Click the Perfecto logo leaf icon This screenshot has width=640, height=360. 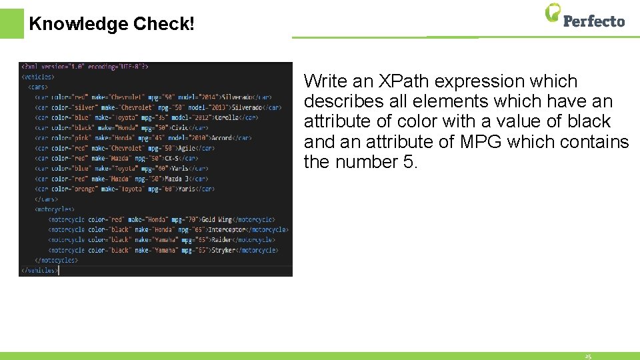coord(553,12)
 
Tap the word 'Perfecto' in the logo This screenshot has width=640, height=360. coord(593,21)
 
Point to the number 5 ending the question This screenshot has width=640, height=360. coord(409,162)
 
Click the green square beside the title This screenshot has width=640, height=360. coord(11,23)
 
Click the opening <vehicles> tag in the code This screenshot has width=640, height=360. coord(38,77)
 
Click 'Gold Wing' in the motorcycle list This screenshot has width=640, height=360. coord(218,219)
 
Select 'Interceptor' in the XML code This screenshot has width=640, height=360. coord(227,229)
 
